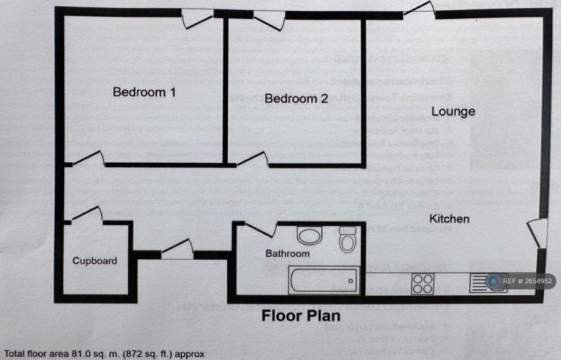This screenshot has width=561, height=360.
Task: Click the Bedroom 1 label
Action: pyautogui.click(x=144, y=93)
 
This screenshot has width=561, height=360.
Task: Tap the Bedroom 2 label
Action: pyautogui.click(x=296, y=99)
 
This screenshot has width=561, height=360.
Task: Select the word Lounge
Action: pyautogui.click(x=453, y=112)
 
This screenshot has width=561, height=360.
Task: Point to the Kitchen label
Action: pyautogui.click(x=449, y=219)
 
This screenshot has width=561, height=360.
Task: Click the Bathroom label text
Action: pyautogui.click(x=287, y=254)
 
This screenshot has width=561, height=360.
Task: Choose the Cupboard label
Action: pyautogui.click(x=94, y=261)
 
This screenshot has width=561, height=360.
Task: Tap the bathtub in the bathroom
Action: pyautogui.click(x=322, y=279)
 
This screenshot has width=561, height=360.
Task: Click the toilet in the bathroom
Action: pyautogui.click(x=347, y=239)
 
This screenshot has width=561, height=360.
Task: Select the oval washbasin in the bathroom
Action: pyautogui.click(x=310, y=235)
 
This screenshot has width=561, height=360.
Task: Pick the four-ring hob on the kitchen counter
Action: pyautogui.click(x=423, y=283)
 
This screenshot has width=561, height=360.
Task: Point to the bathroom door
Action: pyautogui.click(x=261, y=229)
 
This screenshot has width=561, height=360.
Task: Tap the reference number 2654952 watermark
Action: pyautogui.click(x=522, y=281)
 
